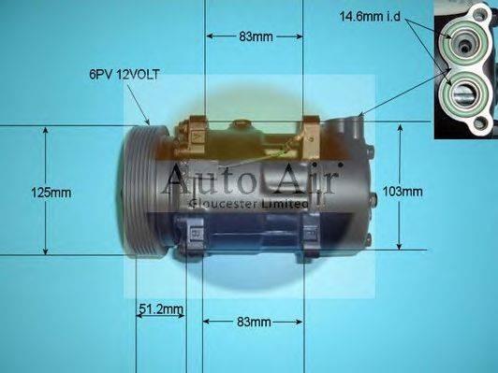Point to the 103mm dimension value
coord(403,192)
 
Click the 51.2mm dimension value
coord(160,309)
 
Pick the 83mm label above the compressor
coord(255,37)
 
